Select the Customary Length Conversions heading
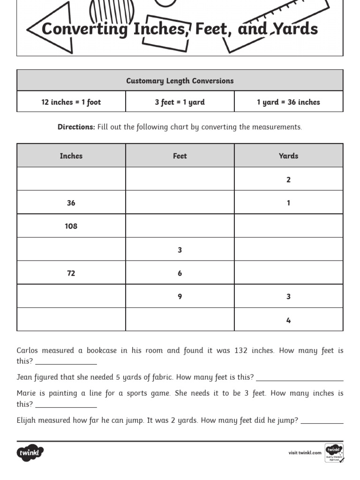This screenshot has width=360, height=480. click(x=180, y=81)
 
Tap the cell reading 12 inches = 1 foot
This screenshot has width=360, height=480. click(x=71, y=102)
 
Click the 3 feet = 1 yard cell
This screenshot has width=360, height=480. click(x=180, y=102)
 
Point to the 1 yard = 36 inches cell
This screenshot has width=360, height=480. click(x=288, y=102)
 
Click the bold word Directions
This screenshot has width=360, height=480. click(x=76, y=127)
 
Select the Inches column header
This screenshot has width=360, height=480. click(x=71, y=156)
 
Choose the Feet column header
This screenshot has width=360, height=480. click(x=180, y=156)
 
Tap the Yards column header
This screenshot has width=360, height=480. click(x=288, y=156)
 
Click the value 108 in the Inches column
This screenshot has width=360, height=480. click(x=71, y=226)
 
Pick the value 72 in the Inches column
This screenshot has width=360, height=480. click(x=71, y=273)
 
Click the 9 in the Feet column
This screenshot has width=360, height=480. click(x=180, y=296)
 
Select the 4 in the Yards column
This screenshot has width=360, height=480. click(x=288, y=320)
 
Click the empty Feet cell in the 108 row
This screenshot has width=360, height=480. click(x=180, y=226)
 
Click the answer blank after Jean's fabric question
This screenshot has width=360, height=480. click(x=300, y=378)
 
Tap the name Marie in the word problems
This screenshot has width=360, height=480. click(x=27, y=393)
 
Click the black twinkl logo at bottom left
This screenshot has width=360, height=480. click(x=30, y=453)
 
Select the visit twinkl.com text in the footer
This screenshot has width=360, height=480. click(x=305, y=453)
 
